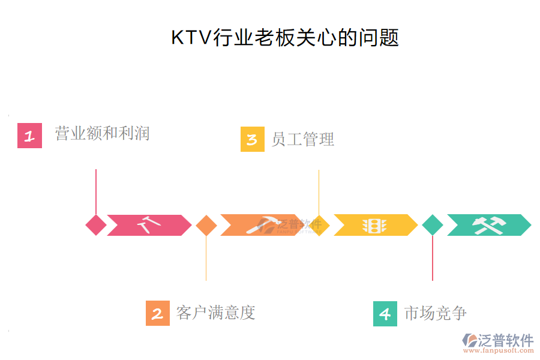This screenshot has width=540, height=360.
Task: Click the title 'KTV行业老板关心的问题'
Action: [285, 37]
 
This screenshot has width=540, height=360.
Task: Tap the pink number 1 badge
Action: [29, 136]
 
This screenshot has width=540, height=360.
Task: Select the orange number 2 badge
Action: [158, 313]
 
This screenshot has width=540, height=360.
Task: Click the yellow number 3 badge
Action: [252, 139]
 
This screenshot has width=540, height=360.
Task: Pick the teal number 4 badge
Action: [385, 313]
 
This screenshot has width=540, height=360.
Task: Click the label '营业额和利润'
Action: [102, 133]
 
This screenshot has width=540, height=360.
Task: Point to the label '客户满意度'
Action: [216, 313]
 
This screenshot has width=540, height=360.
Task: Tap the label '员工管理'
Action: [302, 139]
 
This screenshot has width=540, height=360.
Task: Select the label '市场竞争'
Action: [436, 313]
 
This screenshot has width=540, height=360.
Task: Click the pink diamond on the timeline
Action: [96, 225]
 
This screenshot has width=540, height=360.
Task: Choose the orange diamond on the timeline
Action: [206, 225]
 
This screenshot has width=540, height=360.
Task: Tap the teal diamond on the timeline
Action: [433, 225]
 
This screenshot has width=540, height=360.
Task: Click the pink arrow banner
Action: [149, 225]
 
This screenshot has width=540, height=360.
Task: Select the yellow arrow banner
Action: [375, 225]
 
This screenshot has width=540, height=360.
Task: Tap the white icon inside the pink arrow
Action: [149, 225]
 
